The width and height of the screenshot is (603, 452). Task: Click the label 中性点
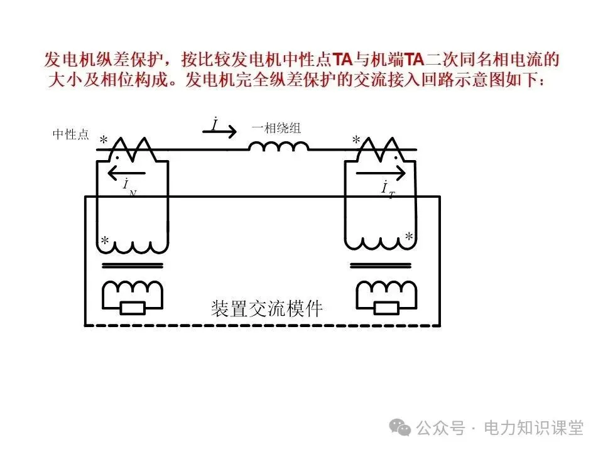pos(70,134)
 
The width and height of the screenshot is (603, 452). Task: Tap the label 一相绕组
pos(276,128)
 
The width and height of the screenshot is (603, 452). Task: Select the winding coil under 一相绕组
pos(278,146)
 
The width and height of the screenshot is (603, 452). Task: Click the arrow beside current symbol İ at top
pos(224,132)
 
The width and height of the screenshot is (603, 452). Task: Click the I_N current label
pos(128,187)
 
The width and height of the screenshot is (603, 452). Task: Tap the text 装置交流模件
pos(268,308)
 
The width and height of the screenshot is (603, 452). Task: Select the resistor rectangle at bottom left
pos(132,308)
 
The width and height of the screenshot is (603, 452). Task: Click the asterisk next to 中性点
pos(104,140)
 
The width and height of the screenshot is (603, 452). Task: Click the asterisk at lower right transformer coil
pos(409,237)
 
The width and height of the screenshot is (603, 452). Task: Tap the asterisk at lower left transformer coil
pos(105,241)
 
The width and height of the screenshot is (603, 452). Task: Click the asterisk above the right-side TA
pos(356,140)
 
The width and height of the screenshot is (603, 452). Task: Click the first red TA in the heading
pos(342,61)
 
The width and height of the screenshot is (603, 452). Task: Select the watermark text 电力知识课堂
pos(533,428)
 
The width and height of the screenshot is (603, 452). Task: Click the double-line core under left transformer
pos(132,266)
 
